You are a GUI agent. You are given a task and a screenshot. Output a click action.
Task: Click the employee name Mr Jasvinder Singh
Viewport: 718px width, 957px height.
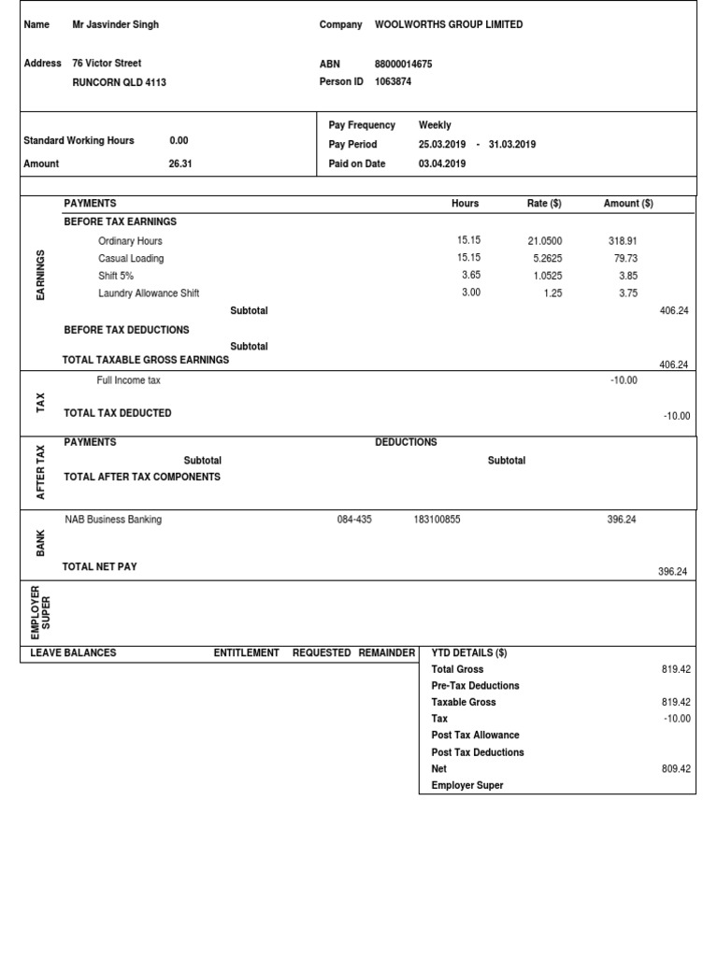(x=115, y=25)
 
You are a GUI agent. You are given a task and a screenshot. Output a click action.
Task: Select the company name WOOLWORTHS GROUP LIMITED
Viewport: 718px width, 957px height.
(x=449, y=25)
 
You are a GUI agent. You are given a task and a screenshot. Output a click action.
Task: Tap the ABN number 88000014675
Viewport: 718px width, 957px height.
(x=403, y=64)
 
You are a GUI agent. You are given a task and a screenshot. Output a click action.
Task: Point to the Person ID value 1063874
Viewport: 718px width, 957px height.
(x=393, y=82)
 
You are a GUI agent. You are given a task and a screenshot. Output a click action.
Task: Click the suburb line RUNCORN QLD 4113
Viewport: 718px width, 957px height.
(x=120, y=82)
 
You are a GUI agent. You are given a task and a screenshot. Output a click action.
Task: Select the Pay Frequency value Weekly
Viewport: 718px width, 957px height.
(x=435, y=125)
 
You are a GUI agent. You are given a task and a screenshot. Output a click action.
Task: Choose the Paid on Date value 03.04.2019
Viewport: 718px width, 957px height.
(x=442, y=164)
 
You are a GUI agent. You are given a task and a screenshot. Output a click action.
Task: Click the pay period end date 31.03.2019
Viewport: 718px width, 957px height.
(x=512, y=145)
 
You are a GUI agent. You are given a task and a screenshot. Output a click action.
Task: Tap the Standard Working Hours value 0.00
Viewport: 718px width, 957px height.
(x=179, y=141)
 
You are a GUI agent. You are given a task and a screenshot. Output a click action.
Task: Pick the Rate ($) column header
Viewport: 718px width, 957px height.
(x=544, y=204)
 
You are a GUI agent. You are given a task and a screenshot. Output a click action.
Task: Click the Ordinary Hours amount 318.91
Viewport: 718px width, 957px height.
(x=623, y=241)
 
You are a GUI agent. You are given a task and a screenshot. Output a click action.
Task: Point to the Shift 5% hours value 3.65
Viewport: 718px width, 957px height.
(x=471, y=276)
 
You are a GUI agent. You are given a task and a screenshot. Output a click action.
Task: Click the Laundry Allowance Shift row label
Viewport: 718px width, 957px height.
(x=149, y=293)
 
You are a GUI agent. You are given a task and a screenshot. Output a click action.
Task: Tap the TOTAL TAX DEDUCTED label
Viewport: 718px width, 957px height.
(x=118, y=413)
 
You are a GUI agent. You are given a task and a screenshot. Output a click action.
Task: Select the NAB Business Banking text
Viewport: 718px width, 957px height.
(x=113, y=520)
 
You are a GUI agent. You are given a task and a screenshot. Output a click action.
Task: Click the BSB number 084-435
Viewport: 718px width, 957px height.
(x=354, y=520)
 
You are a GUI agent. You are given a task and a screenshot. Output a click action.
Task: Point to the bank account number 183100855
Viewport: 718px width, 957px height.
(x=437, y=520)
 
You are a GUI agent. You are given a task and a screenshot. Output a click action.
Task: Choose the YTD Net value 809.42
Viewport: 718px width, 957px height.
(x=675, y=769)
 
